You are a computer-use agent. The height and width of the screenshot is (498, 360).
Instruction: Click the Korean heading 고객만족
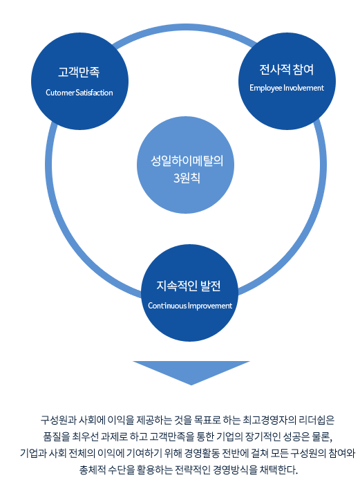pyautogui.click(x=79, y=72)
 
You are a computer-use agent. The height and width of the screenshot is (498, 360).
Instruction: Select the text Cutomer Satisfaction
pyautogui.click(x=79, y=93)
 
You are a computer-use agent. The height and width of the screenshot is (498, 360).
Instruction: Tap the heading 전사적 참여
pyautogui.click(x=287, y=70)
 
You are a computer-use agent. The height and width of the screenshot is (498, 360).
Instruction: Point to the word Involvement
pyautogui.click(x=303, y=88)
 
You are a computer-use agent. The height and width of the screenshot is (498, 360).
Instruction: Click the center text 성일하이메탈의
pyautogui.click(x=187, y=160)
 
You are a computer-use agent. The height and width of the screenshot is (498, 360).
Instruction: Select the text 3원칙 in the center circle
pyautogui.click(x=187, y=178)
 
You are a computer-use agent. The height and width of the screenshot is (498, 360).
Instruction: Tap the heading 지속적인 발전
pyautogui.click(x=189, y=286)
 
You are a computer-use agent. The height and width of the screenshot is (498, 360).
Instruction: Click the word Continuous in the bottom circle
pyautogui.click(x=167, y=306)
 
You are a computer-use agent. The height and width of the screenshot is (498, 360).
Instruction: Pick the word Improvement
pyautogui.click(x=210, y=306)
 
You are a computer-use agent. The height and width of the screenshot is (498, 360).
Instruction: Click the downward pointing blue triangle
pyautogui.click(x=191, y=373)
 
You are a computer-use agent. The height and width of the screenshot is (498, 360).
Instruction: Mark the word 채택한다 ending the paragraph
pyautogui.click(x=278, y=470)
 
